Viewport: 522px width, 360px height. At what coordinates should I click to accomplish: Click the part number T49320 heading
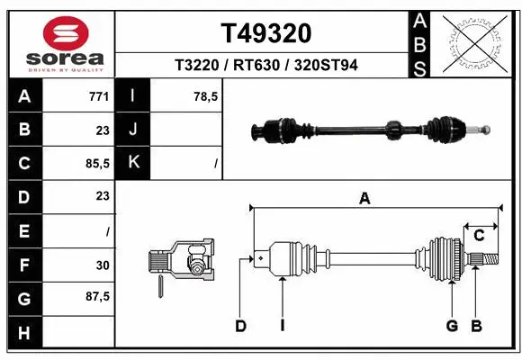(266, 33)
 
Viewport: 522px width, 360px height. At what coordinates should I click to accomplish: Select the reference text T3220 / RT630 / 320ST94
(266, 65)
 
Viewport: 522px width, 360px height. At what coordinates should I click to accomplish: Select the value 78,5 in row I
(206, 96)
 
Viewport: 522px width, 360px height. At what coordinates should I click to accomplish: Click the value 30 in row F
(102, 265)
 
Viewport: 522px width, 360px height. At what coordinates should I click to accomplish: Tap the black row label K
(134, 163)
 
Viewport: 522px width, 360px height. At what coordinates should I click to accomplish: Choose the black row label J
(134, 130)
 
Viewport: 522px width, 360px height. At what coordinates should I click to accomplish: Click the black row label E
(23, 230)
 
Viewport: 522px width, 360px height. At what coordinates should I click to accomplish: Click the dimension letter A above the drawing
(364, 199)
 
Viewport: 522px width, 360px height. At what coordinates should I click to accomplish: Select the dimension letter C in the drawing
(480, 236)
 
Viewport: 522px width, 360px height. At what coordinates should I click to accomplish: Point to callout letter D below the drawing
(240, 326)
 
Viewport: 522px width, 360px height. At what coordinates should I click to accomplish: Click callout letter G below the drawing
(452, 326)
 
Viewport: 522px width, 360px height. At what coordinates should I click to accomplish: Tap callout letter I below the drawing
(282, 326)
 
